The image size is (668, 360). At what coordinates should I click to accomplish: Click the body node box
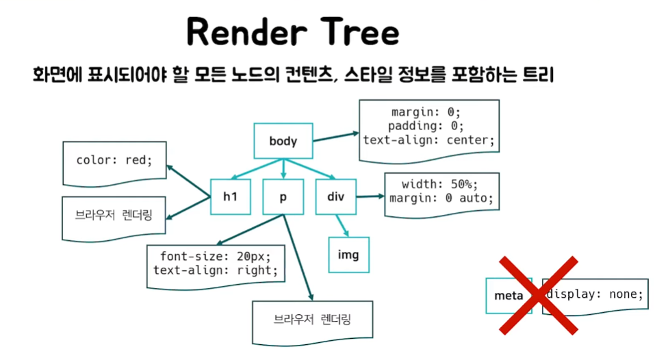(x=283, y=142)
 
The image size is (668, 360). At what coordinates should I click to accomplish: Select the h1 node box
(x=231, y=197)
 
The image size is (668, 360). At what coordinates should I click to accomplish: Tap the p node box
(x=283, y=197)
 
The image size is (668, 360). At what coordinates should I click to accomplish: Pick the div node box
(x=336, y=197)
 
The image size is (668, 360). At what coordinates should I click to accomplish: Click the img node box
(x=348, y=255)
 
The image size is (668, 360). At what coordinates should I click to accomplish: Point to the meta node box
(x=509, y=296)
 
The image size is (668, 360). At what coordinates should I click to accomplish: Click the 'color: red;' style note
(x=114, y=160)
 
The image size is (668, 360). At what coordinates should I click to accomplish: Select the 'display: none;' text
(x=595, y=294)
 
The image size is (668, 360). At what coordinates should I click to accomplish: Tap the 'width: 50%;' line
(x=440, y=185)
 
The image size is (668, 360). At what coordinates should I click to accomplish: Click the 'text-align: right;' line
(x=216, y=270)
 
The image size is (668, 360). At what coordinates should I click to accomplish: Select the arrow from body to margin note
(x=335, y=137)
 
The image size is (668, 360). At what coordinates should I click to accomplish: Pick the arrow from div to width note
(x=370, y=197)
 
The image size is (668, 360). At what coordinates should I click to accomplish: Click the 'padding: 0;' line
(x=426, y=126)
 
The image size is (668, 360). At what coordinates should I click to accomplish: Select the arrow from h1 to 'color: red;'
(x=189, y=181)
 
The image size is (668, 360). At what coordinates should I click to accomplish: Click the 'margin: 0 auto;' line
(x=440, y=198)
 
